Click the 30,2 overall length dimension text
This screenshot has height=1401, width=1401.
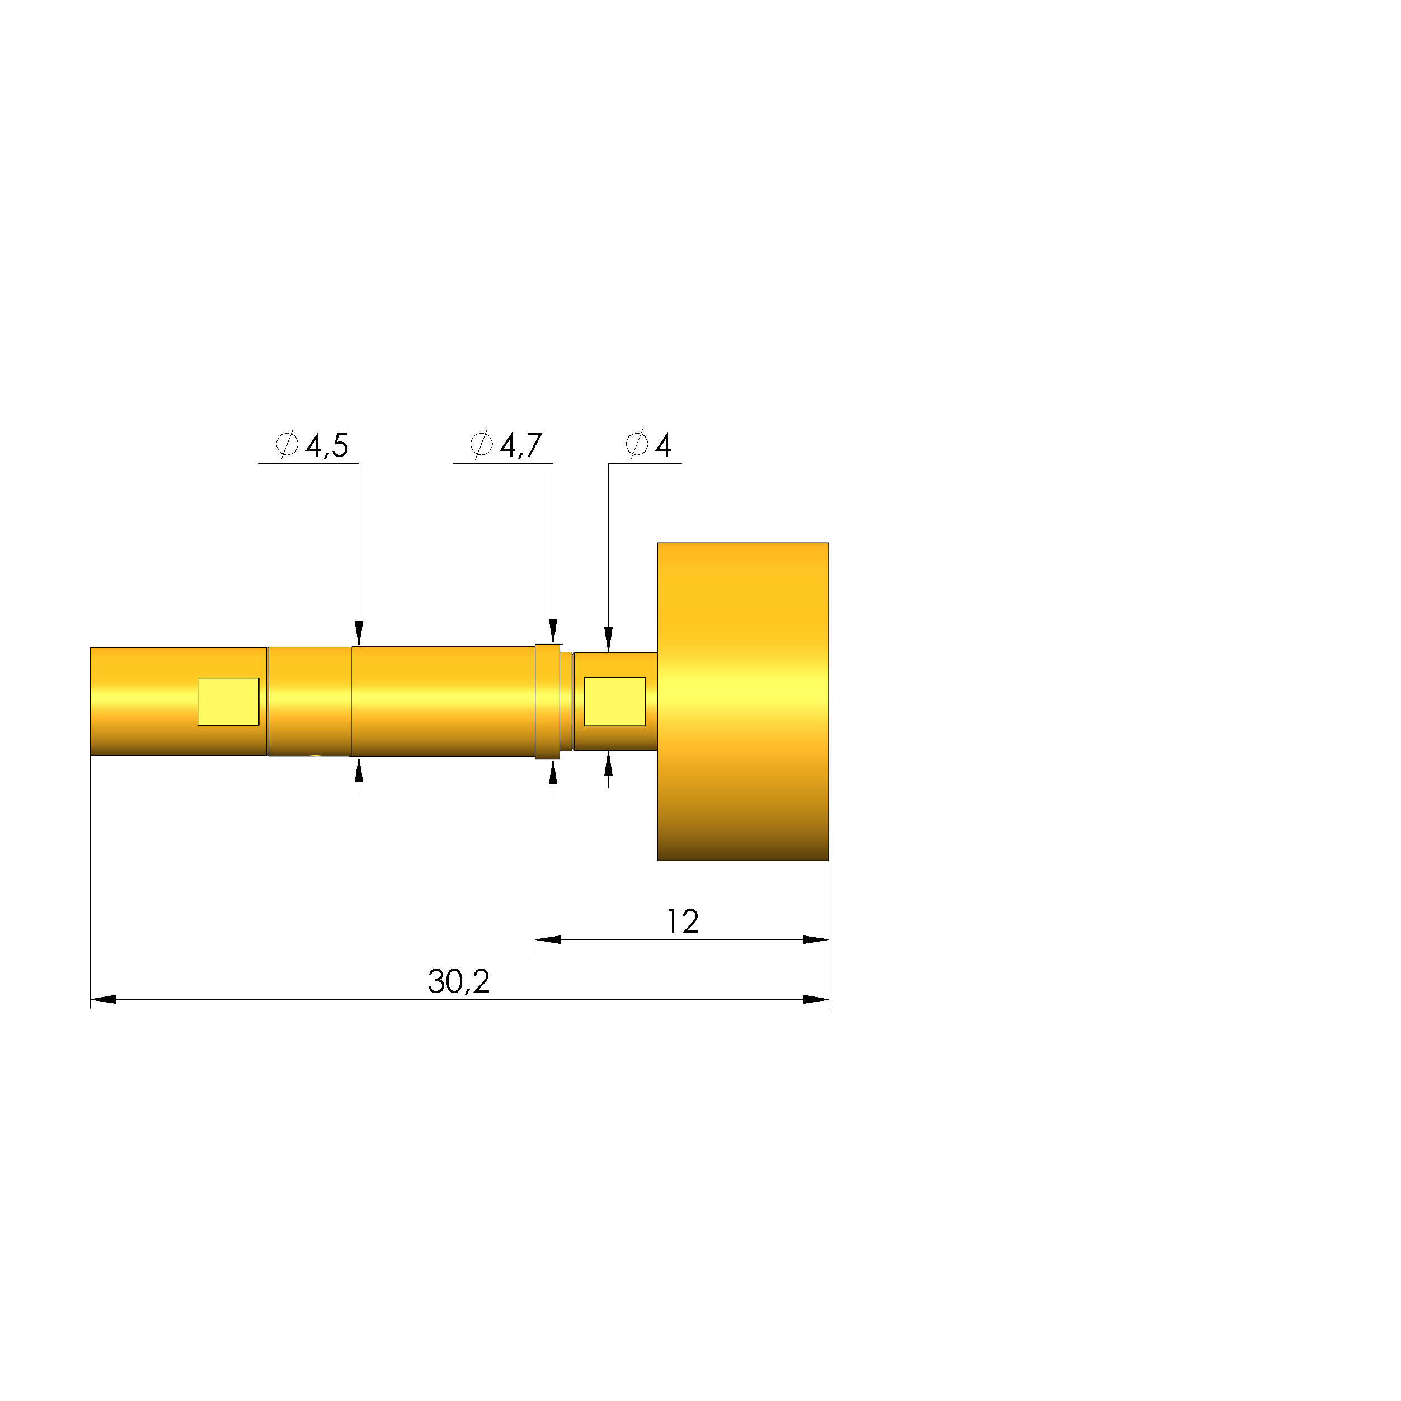click(x=458, y=982)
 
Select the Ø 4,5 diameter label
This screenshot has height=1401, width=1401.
click(x=312, y=444)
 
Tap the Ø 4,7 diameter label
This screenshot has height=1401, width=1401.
click(x=505, y=444)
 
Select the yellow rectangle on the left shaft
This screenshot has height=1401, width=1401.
click(x=228, y=701)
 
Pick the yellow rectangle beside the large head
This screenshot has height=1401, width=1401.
click(x=614, y=701)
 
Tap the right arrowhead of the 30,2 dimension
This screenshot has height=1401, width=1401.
click(x=816, y=999)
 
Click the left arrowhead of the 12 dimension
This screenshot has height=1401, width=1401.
click(x=548, y=940)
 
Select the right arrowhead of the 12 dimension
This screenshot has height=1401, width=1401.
click(x=816, y=940)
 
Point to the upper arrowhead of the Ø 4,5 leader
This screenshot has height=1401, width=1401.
click(x=358, y=633)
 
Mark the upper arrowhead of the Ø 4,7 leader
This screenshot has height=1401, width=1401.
click(x=553, y=631)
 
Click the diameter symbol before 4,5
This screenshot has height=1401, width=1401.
click(x=287, y=444)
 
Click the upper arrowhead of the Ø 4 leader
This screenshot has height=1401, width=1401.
click(x=608, y=640)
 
